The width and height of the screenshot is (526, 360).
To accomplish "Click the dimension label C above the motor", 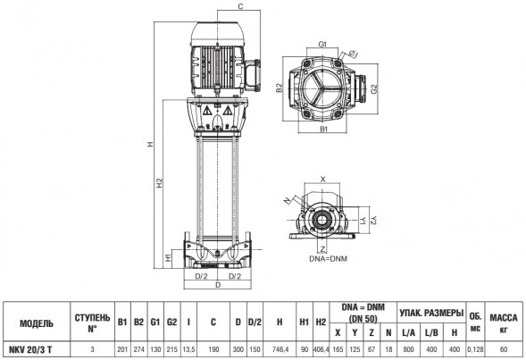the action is point(240,6).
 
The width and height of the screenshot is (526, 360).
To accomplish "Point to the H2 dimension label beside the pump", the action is point(160,183).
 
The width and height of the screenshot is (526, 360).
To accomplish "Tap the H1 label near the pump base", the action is point(168,257).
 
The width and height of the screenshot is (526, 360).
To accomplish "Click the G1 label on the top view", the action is point(322,45).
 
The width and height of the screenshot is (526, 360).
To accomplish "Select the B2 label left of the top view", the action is point(280,88).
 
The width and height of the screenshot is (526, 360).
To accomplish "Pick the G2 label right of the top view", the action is point(374,89).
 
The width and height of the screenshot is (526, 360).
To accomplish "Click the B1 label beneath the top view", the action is point(323,130).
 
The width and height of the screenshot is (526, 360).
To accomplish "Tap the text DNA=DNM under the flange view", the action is point(328,259).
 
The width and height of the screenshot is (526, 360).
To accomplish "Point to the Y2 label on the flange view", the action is point(373,221).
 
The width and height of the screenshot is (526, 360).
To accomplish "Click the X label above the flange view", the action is point(322,180).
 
